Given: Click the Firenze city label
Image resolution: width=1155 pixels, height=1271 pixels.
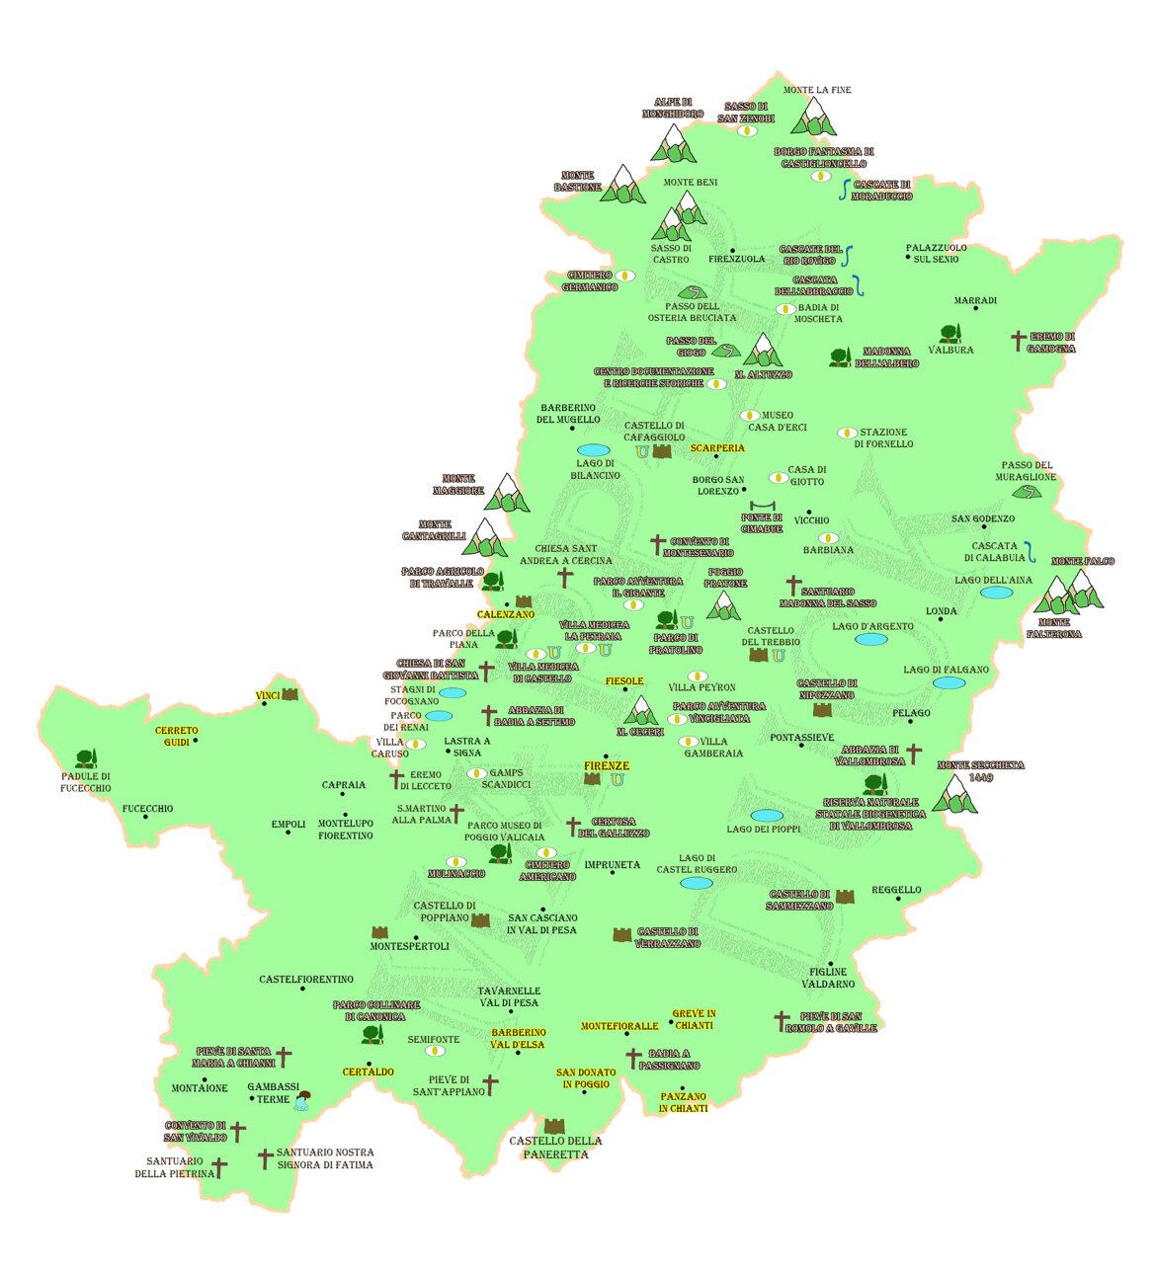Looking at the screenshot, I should pos(607,766).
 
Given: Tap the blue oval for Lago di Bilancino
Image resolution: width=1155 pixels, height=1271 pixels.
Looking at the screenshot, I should pos(593,450).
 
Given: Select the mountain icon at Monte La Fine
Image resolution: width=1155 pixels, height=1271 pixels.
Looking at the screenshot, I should pos(815,117).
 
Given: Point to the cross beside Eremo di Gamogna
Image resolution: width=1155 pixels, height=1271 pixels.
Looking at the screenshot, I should pos(1019,341).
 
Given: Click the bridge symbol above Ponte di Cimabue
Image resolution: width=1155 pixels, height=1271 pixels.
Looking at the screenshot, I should pos(763,506).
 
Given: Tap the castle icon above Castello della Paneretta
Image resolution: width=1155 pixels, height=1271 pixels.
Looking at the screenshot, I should pos(554,1126).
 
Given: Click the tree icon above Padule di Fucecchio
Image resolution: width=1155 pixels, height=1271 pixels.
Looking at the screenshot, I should pos(86,758).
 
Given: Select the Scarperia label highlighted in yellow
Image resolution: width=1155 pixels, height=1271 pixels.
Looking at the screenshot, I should pos(717,448).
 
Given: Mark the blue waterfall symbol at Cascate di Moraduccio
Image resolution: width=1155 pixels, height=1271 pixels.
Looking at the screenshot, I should pos(844,190).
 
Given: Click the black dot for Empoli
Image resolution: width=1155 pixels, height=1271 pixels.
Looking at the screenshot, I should pos(289,833).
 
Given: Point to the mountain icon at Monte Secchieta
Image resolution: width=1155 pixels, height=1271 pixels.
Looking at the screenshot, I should pos(954,794).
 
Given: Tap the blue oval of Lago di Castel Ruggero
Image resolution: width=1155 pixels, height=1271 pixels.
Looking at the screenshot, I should pos(696,883).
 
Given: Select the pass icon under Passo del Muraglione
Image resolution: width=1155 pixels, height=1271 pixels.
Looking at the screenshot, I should pos(1029,492).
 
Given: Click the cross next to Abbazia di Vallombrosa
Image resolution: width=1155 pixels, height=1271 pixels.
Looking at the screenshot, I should pos(914,755).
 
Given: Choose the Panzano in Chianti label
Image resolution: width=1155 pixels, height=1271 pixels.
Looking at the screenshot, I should pos(683,1102).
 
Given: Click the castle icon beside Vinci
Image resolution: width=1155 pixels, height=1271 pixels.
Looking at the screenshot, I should pos(289,694).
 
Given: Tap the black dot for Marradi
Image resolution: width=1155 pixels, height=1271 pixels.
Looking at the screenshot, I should pos(976,308).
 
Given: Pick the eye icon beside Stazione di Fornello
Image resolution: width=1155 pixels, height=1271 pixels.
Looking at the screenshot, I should pos(846,433).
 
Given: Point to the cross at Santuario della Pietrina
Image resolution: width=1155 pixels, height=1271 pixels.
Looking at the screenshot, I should pos(219,1168).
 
